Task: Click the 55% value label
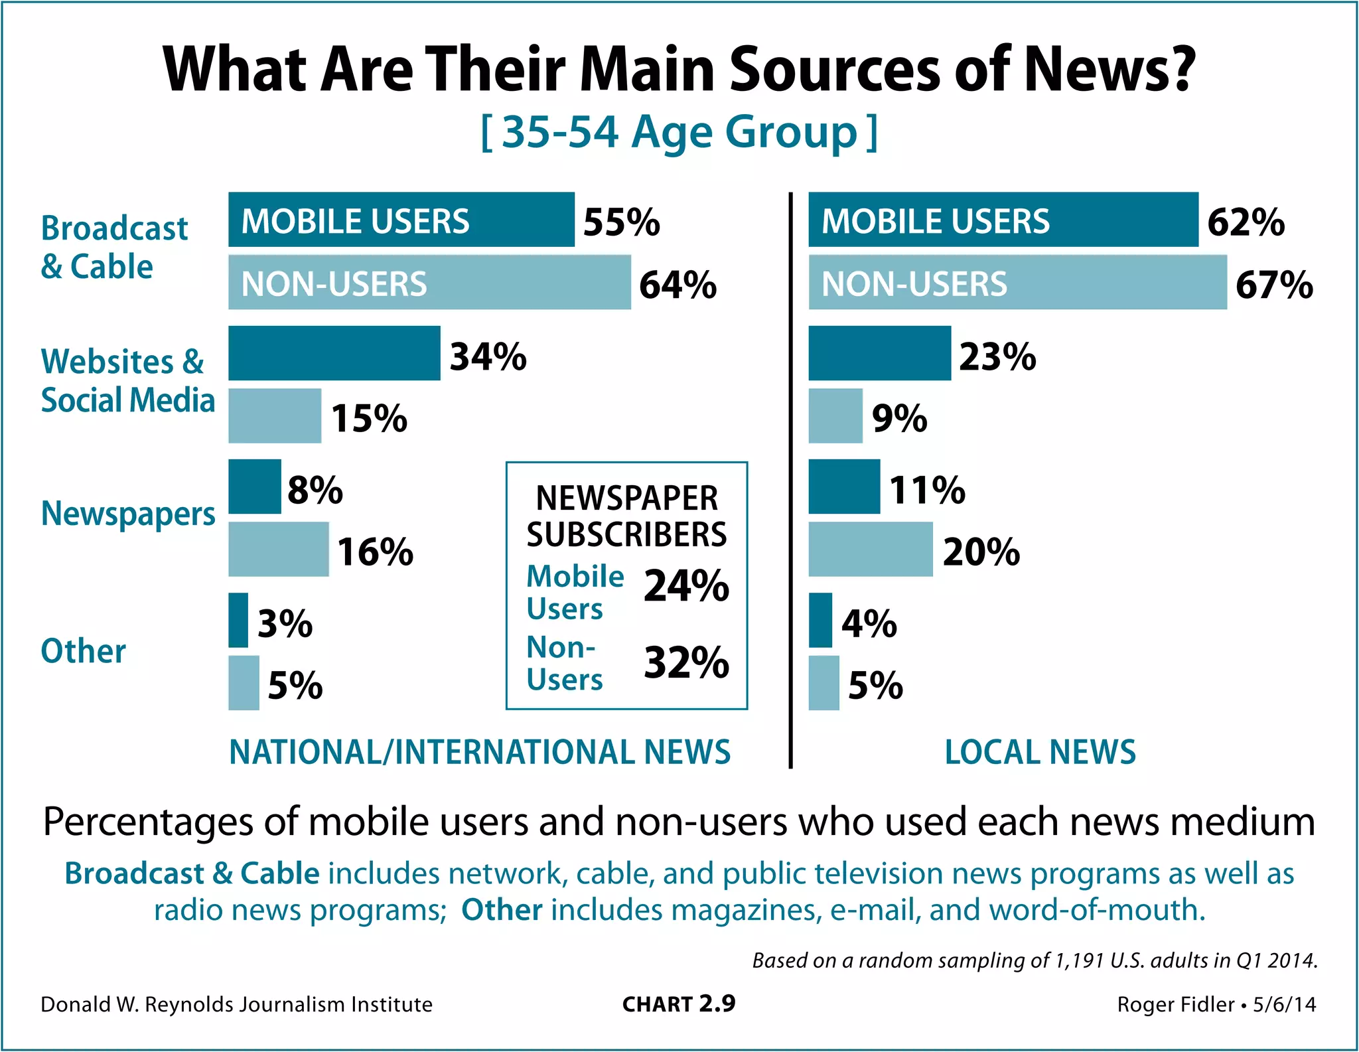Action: click(x=621, y=222)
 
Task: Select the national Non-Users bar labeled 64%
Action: click(x=429, y=283)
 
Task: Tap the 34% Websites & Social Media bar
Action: click(x=334, y=353)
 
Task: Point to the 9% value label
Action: click(x=899, y=418)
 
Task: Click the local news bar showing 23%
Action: click(x=879, y=353)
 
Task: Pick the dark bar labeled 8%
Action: click(x=255, y=487)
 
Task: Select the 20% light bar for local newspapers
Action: click(x=870, y=549)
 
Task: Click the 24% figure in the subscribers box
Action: click(x=686, y=587)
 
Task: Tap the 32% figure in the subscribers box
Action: click(x=686, y=662)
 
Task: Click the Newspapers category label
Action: click(x=128, y=514)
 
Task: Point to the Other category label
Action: click(x=84, y=651)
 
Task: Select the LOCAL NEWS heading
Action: click(x=1040, y=752)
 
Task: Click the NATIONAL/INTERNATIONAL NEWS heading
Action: click(x=480, y=752)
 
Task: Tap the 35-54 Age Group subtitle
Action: click(x=679, y=132)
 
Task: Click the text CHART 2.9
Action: click(x=679, y=1004)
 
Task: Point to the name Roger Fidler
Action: click(x=1175, y=1005)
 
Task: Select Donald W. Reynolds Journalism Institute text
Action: click(x=236, y=1005)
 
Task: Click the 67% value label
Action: click(x=1273, y=285)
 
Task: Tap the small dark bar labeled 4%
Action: click(x=820, y=620)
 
